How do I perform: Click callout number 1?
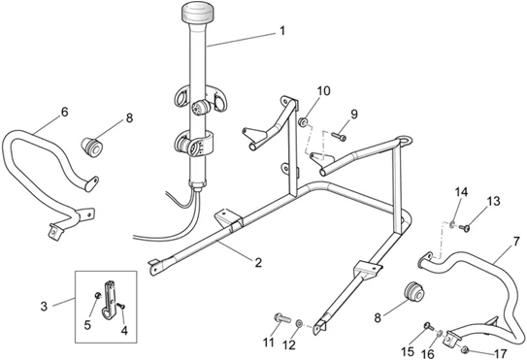click(x=281, y=30)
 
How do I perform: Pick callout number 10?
click(x=323, y=91)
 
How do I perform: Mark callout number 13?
click(x=493, y=200)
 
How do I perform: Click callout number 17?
click(x=502, y=353)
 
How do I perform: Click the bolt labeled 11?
click(x=281, y=318)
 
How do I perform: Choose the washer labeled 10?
click(x=304, y=123)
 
